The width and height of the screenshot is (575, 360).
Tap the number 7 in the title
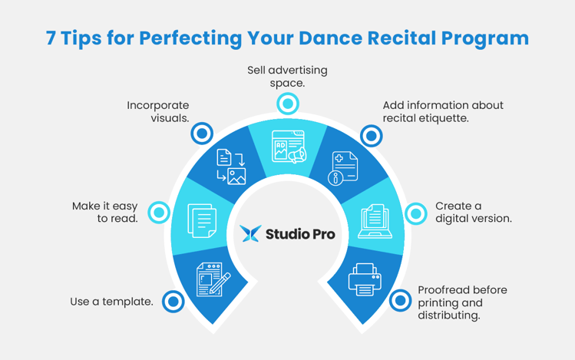click(51, 38)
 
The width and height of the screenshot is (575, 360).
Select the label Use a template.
click(111, 302)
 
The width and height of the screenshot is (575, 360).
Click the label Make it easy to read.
click(104, 213)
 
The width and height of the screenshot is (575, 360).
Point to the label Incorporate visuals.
click(158, 112)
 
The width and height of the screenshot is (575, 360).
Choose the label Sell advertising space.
click(287, 76)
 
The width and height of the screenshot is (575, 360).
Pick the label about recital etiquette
click(443, 112)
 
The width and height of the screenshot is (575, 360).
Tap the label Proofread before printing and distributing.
click(461, 302)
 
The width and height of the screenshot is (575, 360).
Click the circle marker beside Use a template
click(173, 302)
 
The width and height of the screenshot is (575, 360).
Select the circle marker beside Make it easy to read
click(159, 213)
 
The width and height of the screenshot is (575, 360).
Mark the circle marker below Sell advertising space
click(287, 103)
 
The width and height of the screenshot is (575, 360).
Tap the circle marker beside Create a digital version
click(415, 213)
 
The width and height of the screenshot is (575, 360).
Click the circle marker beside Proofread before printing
click(400, 301)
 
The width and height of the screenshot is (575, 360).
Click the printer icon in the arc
click(365, 279)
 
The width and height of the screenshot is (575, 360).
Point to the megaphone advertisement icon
click(289, 147)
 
